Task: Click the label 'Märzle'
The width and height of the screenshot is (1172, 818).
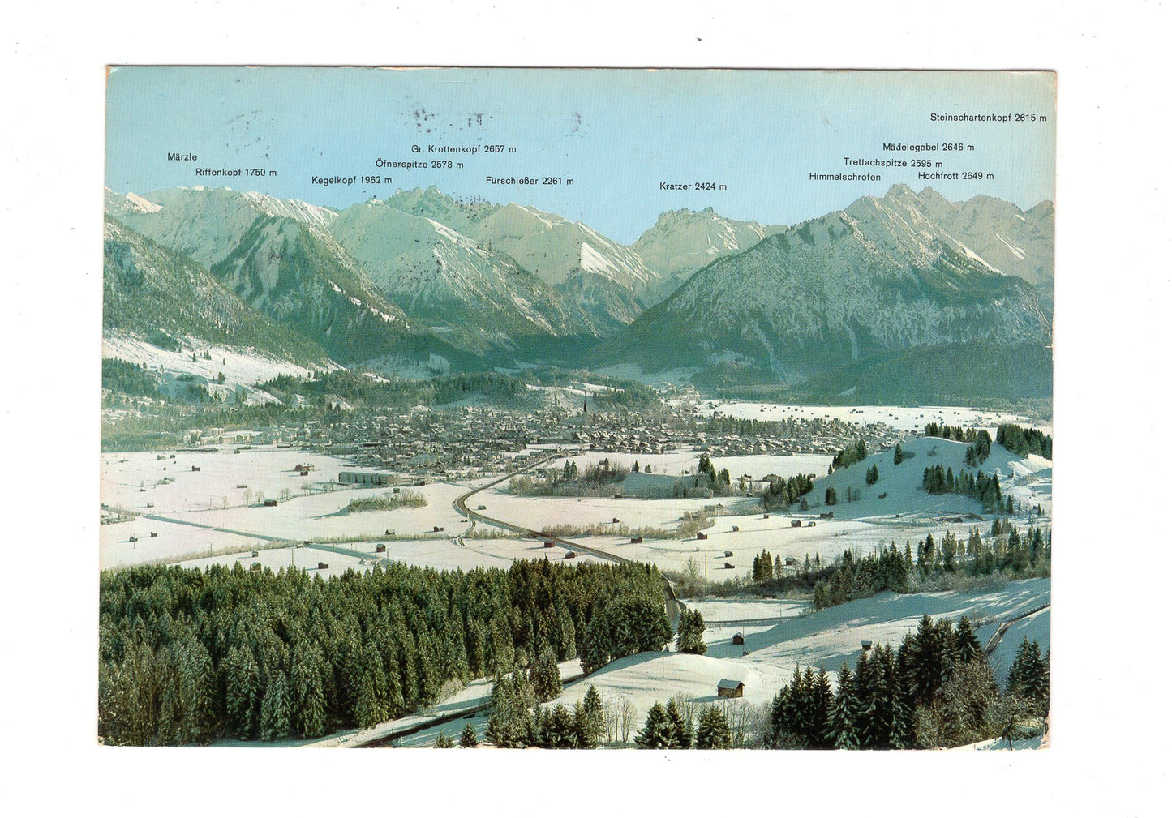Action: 182,157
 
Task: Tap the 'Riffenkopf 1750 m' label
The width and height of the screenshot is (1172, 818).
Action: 235,173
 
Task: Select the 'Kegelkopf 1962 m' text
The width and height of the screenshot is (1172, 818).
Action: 351,181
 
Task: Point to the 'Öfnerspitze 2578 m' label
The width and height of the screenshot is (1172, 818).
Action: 419,165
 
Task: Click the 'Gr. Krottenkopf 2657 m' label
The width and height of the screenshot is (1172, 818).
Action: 463,149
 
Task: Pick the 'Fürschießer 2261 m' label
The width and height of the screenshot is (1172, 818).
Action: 529,181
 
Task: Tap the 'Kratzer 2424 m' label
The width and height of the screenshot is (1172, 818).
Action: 693,186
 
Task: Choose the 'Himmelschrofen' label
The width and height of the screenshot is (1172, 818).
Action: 844,177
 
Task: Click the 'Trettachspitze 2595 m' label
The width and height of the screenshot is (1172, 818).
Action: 892,163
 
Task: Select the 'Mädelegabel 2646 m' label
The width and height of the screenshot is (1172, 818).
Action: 928,148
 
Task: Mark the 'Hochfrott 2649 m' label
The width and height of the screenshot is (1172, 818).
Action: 955,176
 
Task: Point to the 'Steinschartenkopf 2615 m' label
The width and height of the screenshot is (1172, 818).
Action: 988,118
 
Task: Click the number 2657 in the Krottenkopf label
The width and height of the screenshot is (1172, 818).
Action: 494,149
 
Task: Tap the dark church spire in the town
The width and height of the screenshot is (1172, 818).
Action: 584,405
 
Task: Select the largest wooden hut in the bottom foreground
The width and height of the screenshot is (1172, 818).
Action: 730,688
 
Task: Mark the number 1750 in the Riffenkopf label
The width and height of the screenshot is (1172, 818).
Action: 256,173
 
